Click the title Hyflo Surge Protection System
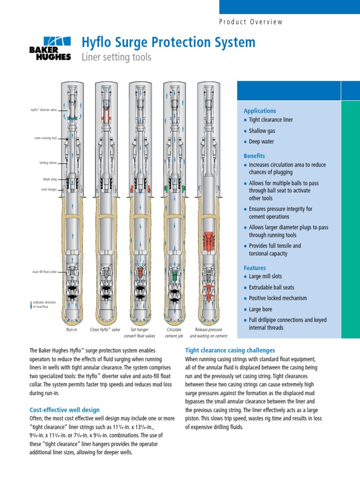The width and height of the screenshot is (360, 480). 168,42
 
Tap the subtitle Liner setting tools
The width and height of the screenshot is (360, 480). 116,57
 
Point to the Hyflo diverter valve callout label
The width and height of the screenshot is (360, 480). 44,110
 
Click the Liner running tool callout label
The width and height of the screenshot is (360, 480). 45,138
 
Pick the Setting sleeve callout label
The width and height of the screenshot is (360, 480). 48,163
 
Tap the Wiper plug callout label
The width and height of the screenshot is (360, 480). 49,179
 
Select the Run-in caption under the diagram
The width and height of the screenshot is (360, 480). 72,330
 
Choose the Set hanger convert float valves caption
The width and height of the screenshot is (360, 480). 140,333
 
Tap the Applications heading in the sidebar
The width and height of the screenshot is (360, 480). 260,111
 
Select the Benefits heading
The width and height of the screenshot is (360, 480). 254,156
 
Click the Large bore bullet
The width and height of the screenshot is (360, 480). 260,309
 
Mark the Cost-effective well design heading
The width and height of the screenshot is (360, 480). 65,410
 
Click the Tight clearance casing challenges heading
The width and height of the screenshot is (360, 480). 230,350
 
